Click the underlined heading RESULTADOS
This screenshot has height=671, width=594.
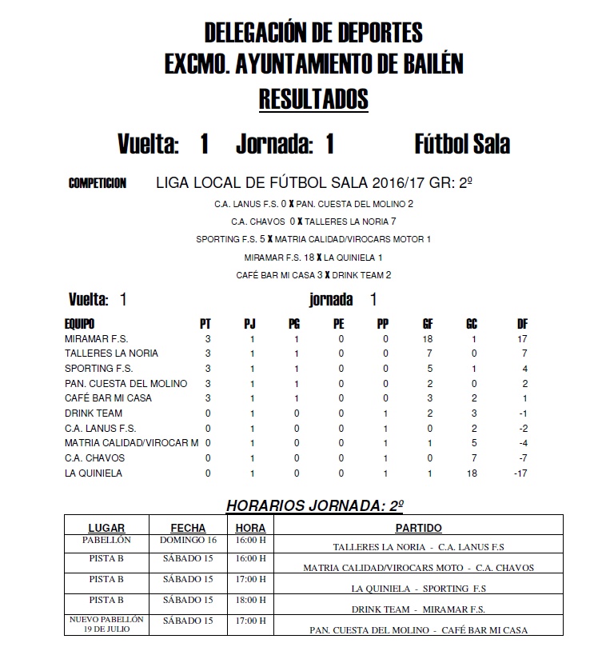point(313,99)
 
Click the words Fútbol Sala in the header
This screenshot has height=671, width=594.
point(462,145)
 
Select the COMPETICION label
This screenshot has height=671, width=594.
point(98,184)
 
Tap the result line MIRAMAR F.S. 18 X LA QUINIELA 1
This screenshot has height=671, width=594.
point(313,258)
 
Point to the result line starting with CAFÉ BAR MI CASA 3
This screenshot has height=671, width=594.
point(313,275)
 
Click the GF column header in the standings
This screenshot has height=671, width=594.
point(428,324)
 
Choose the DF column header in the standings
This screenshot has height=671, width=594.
point(523,324)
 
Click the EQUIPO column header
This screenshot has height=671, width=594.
point(79,324)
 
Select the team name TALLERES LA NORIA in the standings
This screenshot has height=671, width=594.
point(111,353)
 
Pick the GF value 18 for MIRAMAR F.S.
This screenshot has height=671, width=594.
point(428,339)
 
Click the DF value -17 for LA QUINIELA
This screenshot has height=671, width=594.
point(521,473)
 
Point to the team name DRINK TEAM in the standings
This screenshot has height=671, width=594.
point(94,413)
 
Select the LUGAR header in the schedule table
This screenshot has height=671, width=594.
point(106,528)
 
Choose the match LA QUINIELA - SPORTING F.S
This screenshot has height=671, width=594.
point(418,589)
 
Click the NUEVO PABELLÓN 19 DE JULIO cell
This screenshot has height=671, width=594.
point(106,624)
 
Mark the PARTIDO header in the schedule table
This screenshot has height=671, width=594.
point(418,528)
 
